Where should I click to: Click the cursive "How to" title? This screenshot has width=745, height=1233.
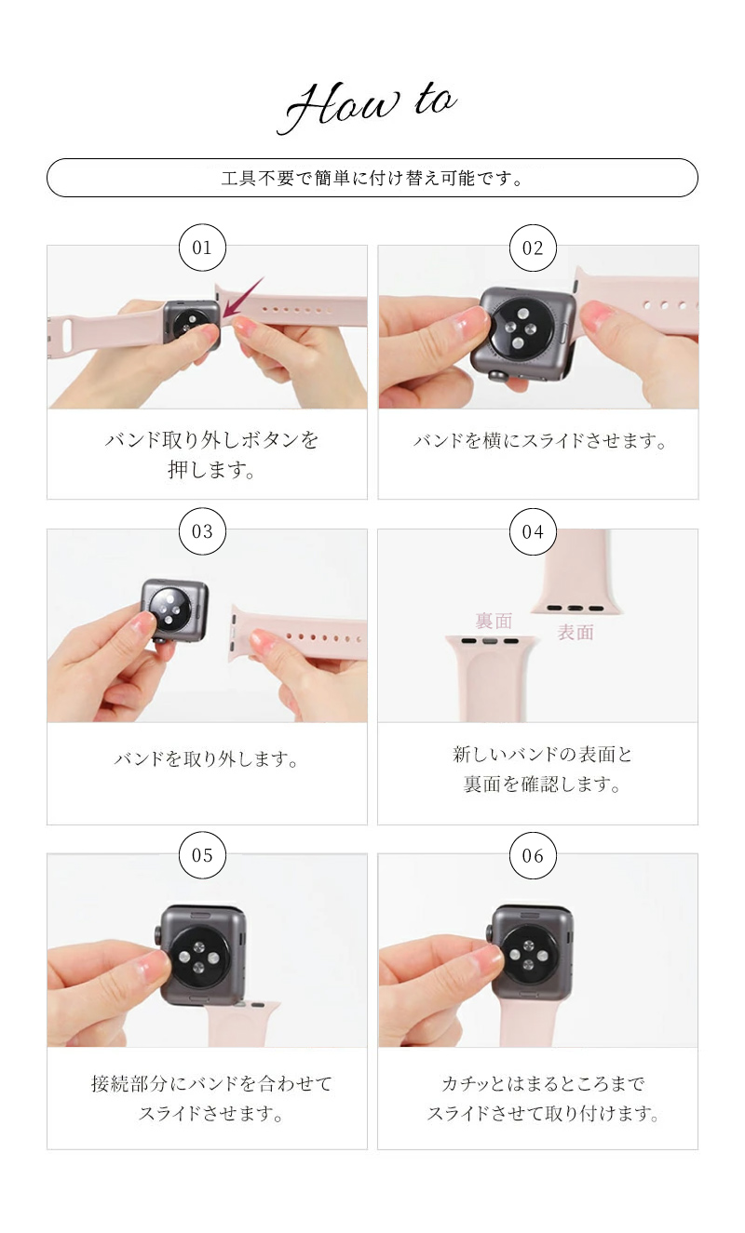coord(371,107)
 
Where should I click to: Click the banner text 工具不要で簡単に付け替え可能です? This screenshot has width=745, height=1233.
coord(372,178)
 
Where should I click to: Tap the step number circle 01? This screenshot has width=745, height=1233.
coord(202,248)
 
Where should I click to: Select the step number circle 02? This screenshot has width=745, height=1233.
coord(533,248)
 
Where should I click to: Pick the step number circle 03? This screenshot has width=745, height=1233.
coord(202,531)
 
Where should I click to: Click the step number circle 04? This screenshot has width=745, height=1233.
coord(533,531)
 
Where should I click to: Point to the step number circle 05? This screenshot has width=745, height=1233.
coord(202,855)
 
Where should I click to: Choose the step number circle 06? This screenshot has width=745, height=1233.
coord(533,855)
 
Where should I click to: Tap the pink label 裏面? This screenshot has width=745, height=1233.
coord(494,621)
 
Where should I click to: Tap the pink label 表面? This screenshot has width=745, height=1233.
coord(576,633)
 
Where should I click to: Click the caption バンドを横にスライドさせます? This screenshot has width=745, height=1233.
coord(541,441)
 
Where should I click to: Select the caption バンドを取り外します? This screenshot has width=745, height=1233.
coord(207,760)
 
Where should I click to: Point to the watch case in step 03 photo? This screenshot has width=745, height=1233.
coord(174,610)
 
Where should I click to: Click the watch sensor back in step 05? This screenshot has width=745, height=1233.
coord(202,954)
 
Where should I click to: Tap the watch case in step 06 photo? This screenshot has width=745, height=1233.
coord(532,952)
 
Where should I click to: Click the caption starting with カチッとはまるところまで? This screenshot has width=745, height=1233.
coord(543,1099)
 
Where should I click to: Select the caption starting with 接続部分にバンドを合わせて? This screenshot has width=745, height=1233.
coord(211,1099)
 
